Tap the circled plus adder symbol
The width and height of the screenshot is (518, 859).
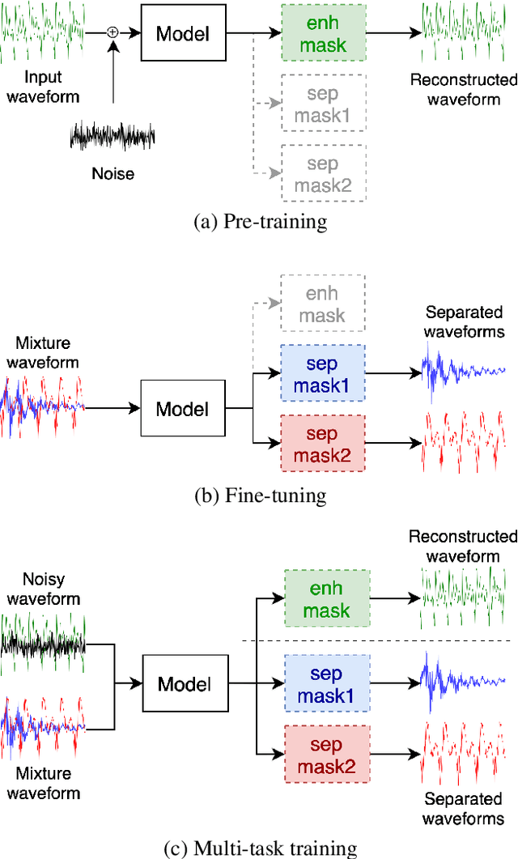click(113, 32)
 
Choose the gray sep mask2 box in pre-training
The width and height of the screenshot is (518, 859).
click(322, 175)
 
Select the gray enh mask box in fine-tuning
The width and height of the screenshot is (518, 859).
click(322, 304)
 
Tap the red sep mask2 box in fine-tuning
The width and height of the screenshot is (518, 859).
click(322, 444)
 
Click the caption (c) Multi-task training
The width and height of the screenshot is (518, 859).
click(260, 848)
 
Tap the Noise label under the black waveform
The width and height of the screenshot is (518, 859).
click(113, 173)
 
